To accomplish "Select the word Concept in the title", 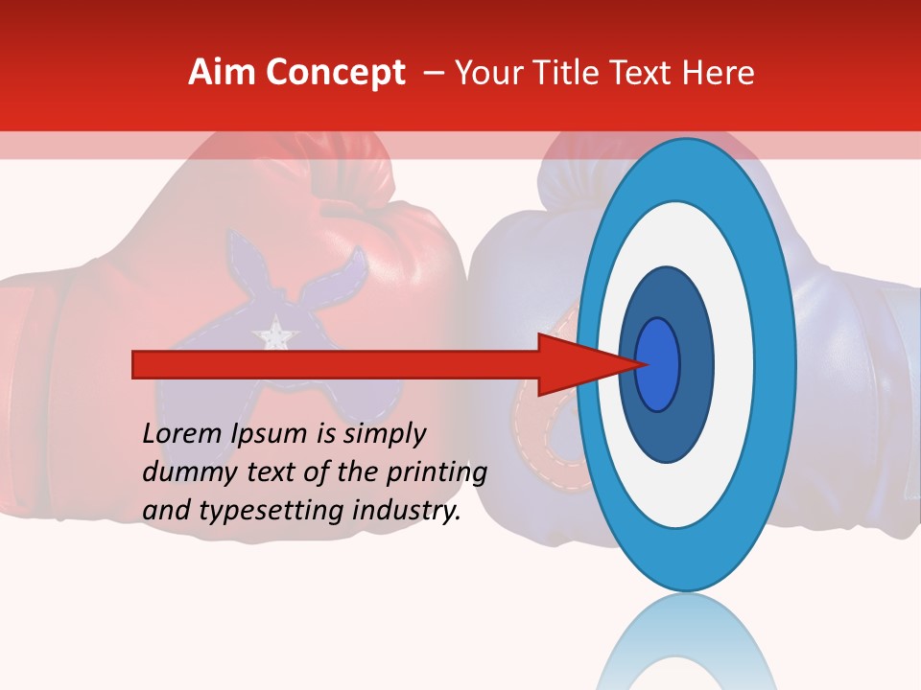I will (335, 73).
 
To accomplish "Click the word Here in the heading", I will (718, 73).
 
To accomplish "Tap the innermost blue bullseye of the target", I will (657, 364).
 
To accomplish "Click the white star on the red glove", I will (274, 333).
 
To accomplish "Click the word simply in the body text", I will (385, 433).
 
